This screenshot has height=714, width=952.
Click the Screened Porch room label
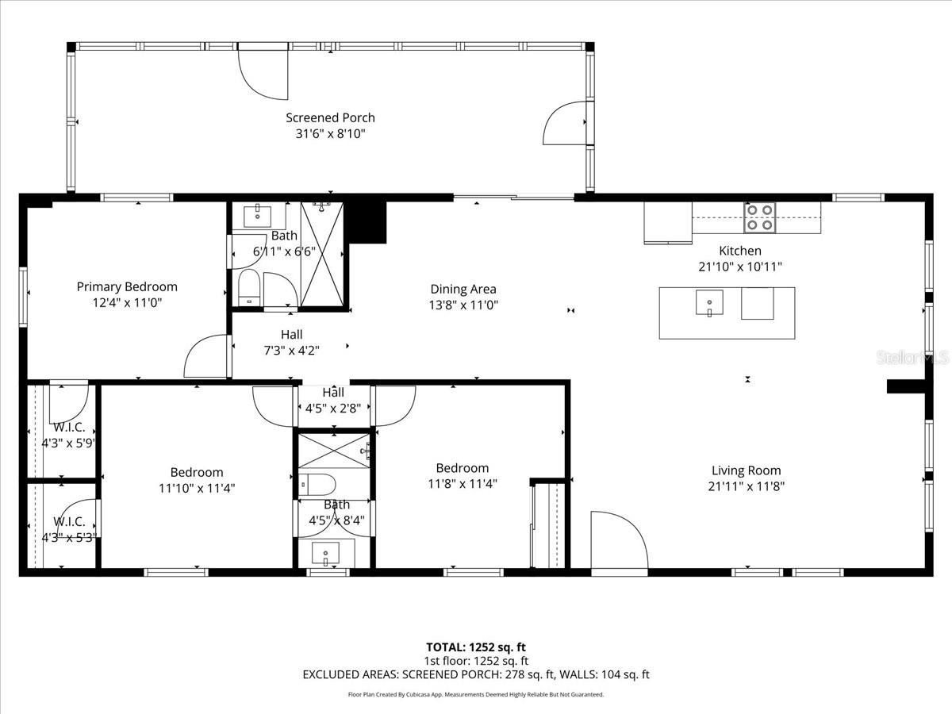(330, 118)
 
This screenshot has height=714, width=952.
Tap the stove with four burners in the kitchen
(758, 217)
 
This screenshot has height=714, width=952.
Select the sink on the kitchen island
(709, 302)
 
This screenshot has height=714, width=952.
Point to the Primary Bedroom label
(127, 286)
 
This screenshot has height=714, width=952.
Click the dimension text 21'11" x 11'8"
(746, 486)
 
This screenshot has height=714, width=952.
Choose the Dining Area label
(463, 289)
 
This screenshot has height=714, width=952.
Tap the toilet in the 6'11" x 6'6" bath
(249, 286)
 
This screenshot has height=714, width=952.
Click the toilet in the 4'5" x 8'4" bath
(317, 484)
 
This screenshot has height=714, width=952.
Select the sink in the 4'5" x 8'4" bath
(325, 551)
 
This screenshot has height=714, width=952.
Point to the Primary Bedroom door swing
(206, 357)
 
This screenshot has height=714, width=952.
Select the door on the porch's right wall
(566, 123)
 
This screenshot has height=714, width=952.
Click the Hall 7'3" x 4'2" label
(291, 342)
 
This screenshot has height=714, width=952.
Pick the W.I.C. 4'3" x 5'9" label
(69, 435)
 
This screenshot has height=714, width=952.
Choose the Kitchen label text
(740, 251)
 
